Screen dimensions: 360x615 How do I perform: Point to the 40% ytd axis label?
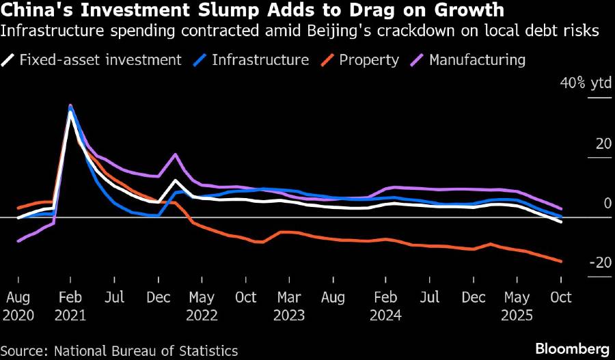[586, 83]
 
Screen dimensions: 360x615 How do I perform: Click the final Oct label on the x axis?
[561, 298]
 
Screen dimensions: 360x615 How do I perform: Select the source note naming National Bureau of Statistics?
[119, 350]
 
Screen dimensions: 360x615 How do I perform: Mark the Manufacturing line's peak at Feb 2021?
[70, 106]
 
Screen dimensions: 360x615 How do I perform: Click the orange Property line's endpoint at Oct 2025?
[561, 261]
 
